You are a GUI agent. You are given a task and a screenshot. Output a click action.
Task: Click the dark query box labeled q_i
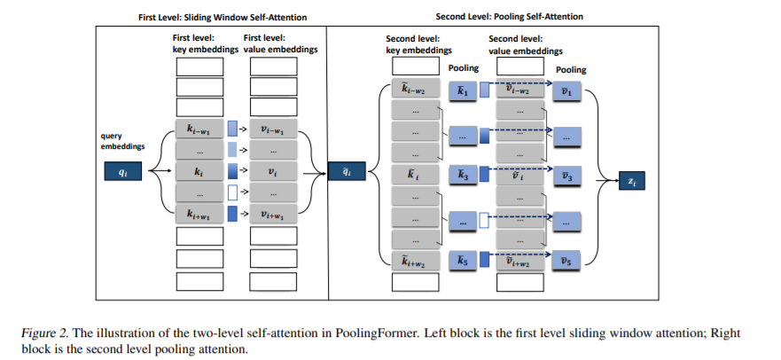[122, 171]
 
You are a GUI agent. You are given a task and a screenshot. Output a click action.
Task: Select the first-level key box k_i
[199, 171]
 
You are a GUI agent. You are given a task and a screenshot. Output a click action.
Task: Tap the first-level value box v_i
[273, 171]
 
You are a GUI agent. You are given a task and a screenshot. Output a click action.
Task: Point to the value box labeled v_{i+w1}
[273, 214]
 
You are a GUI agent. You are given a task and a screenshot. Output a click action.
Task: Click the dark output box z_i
[631, 181]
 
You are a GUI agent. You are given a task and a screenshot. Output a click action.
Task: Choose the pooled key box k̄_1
[462, 91]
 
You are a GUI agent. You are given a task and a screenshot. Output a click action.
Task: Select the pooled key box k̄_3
[462, 176]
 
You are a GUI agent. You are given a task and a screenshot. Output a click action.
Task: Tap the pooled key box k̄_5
[462, 261]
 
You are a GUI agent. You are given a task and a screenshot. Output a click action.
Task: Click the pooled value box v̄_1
[566, 91]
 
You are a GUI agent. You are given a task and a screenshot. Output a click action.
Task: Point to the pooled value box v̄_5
[566, 261]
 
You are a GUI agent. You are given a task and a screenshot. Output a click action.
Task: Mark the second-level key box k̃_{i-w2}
[416, 88]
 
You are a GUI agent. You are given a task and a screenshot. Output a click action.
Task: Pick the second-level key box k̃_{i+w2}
[416, 261]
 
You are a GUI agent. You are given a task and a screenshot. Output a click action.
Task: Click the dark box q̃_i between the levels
[347, 172]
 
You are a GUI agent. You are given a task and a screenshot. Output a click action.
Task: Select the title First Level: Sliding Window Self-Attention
[223, 18]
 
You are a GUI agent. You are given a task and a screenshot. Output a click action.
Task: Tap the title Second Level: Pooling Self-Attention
[509, 17]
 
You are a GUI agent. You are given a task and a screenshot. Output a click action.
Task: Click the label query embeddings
[122, 141]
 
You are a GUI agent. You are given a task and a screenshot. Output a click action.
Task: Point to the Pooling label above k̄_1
[464, 67]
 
